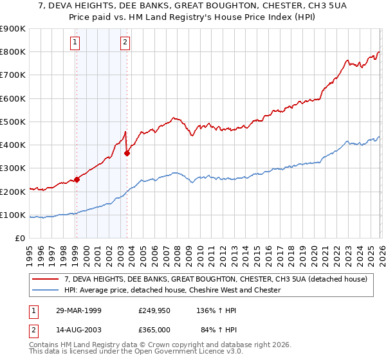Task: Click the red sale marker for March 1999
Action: [x=77, y=180]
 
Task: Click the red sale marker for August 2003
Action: [x=127, y=153]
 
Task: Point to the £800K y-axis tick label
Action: [x=12, y=52]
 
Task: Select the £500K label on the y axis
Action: [x=12, y=122]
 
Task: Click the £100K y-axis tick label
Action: [x=12, y=215]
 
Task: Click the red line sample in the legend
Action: [x=46, y=279]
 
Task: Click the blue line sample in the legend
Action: [x=46, y=290]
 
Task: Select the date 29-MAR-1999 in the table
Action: [x=79, y=310]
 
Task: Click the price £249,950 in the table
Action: [x=154, y=310]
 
